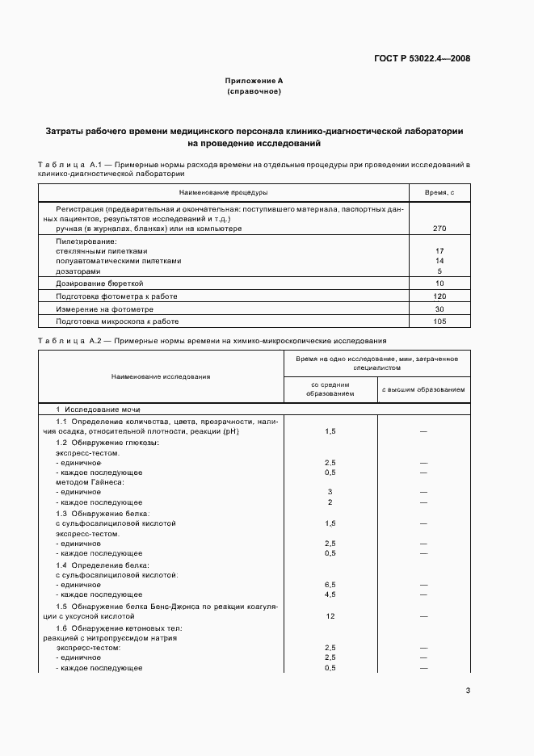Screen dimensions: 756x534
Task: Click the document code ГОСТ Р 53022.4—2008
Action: (x=423, y=58)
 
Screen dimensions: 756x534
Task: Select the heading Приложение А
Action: (x=254, y=82)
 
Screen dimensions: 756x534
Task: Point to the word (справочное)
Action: (x=254, y=92)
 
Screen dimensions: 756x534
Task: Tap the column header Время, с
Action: (x=439, y=192)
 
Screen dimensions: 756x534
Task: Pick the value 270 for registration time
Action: (x=439, y=229)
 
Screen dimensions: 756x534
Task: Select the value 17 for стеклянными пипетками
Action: (x=439, y=251)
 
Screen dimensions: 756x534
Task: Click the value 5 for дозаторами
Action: (x=439, y=271)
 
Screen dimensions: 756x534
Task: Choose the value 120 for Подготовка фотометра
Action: (x=439, y=296)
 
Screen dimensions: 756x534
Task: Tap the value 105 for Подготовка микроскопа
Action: (x=439, y=321)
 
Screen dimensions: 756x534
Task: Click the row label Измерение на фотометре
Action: (x=104, y=309)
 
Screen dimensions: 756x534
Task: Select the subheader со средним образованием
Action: (x=330, y=388)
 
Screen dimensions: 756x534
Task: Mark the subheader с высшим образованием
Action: (x=423, y=388)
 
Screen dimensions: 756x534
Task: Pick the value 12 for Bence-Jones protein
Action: (x=330, y=616)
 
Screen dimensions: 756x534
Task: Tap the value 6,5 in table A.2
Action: (x=330, y=584)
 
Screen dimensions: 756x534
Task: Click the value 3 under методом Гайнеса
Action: (x=330, y=492)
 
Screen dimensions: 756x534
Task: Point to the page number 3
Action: (x=468, y=690)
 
